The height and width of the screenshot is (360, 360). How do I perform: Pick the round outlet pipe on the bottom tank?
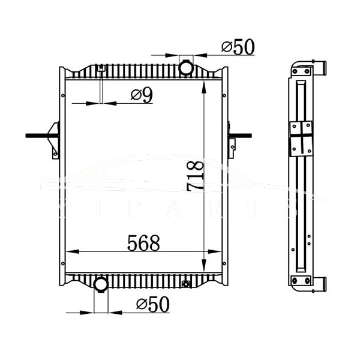click(101, 283)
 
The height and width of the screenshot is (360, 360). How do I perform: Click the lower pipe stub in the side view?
click(320, 282)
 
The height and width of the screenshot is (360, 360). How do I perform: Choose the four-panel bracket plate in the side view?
click(302, 137)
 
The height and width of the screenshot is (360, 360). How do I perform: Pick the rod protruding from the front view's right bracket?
click(243, 136)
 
